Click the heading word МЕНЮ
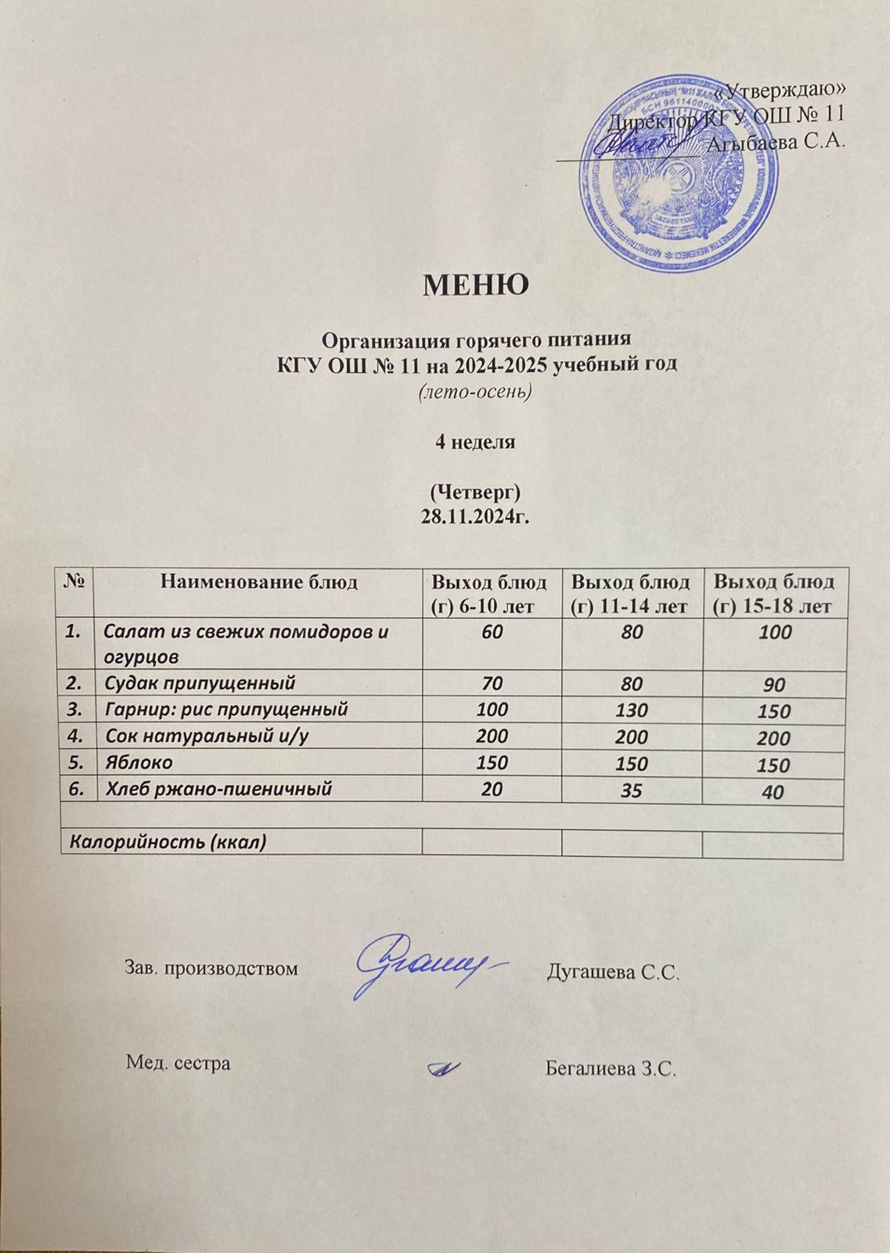(476, 285)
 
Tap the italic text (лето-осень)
(476, 392)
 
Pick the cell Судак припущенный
(200, 682)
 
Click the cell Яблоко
(139, 762)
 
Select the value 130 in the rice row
(632, 710)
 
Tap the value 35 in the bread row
(632, 790)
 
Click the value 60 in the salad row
(492, 631)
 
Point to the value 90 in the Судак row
(774, 685)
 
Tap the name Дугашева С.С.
(611, 973)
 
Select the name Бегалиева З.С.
(610, 1068)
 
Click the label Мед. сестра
(178, 1063)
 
